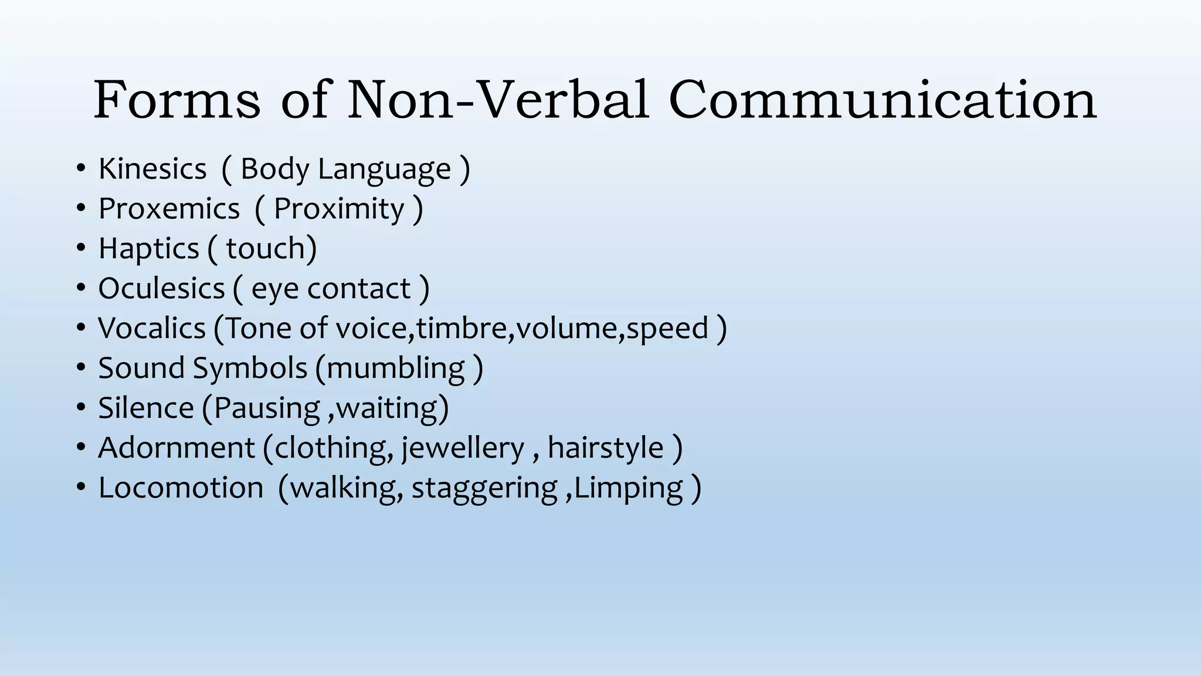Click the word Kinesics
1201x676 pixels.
point(152,169)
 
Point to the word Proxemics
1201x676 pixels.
point(169,209)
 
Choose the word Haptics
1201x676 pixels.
point(149,249)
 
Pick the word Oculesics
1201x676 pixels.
point(161,289)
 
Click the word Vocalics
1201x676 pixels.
point(152,328)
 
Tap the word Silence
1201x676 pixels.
point(146,408)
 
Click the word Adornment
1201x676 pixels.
point(177,448)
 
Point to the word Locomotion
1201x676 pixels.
point(181,488)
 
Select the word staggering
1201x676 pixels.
point(484,488)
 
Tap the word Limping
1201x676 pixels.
point(629,488)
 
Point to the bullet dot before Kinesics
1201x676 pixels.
point(81,169)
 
